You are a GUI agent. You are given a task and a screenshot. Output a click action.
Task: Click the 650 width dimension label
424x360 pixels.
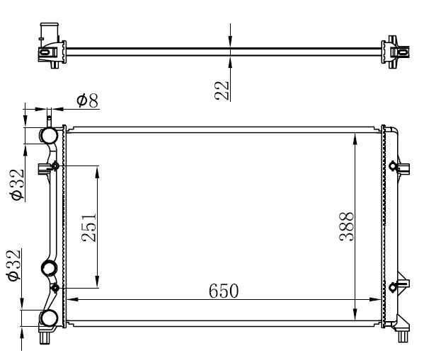tap(224, 291)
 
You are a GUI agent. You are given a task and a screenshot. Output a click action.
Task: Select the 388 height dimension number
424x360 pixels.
tap(346, 226)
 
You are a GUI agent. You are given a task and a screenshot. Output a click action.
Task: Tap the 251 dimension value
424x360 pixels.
tap(89, 227)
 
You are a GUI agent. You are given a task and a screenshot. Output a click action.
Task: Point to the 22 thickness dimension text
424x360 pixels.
tap(222, 91)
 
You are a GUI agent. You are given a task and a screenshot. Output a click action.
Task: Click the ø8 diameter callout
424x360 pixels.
tap(87, 100)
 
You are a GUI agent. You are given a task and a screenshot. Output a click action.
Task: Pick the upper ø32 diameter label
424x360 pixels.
tap(17, 185)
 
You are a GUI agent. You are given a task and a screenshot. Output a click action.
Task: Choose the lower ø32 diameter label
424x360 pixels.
tap(13, 265)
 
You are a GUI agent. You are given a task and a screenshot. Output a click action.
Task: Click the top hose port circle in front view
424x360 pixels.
tap(49, 135)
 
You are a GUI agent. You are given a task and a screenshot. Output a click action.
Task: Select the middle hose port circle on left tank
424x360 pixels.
tap(49, 268)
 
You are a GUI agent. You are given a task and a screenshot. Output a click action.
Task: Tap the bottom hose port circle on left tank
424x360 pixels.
tap(49, 318)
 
